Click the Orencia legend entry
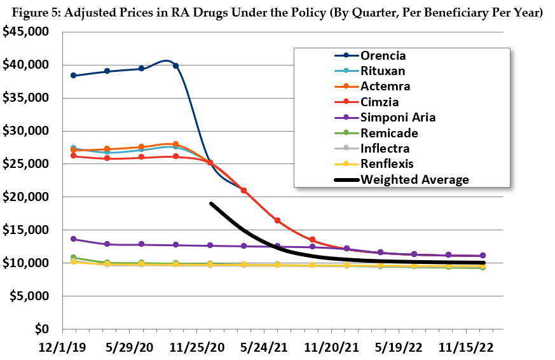[x=384, y=55]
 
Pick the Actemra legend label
[x=385, y=86]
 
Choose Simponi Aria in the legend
[x=398, y=117]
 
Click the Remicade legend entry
[x=388, y=133]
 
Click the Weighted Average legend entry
[x=415, y=179]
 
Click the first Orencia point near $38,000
[x=74, y=76]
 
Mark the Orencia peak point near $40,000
[x=175, y=66]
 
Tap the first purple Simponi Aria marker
[x=74, y=239]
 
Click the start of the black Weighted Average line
[x=210, y=204]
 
